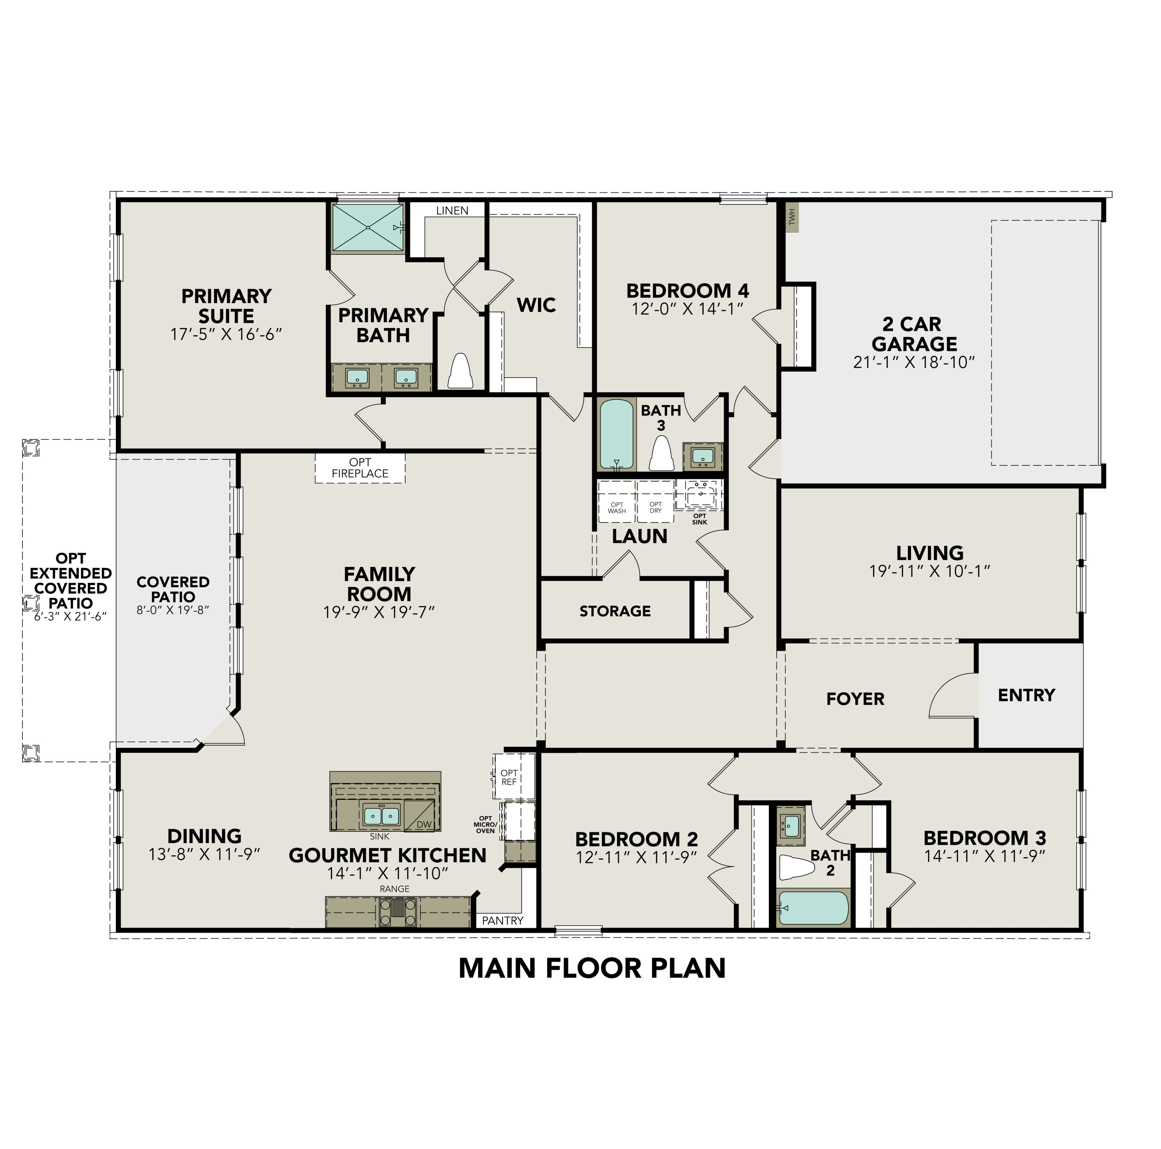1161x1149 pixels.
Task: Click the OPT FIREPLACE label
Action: coord(360,467)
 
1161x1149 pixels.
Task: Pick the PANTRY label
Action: coord(502,920)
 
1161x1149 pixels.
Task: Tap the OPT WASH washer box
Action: coord(616,507)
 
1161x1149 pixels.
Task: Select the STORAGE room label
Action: coord(615,611)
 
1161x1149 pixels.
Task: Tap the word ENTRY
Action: coord(1026,695)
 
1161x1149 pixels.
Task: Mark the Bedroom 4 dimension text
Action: coord(688,309)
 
